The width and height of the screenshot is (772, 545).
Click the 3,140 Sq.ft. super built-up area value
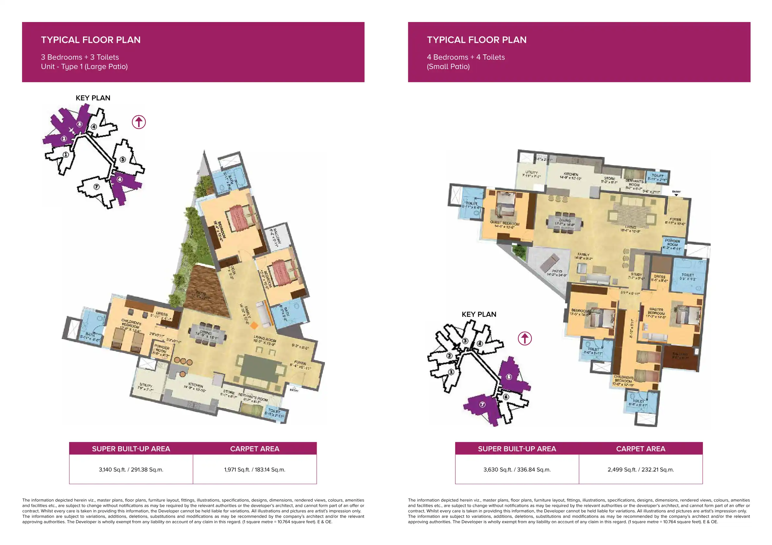(x=131, y=470)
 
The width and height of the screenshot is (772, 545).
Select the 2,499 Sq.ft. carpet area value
(x=641, y=470)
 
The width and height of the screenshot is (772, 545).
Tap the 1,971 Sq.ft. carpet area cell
(x=255, y=470)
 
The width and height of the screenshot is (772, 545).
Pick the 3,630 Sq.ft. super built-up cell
(x=517, y=470)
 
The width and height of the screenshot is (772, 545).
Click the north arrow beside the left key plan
(x=139, y=122)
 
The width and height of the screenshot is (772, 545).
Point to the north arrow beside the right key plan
(x=525, y=338)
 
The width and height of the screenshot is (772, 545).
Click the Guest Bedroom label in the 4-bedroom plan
(x=505, y=224)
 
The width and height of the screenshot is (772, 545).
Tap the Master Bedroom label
(x=656, y=312)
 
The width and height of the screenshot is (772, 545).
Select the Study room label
(x=636, y=276)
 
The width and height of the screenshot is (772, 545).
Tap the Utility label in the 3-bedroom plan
(x=146, y=387)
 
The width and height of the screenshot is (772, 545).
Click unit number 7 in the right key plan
(x=482, y=404)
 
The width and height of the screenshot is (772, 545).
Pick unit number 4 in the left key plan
(x=94, y=127)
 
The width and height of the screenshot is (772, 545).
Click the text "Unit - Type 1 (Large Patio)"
(x=84, y=66)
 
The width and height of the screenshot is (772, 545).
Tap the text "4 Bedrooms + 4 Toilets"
(x=466, y=57)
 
